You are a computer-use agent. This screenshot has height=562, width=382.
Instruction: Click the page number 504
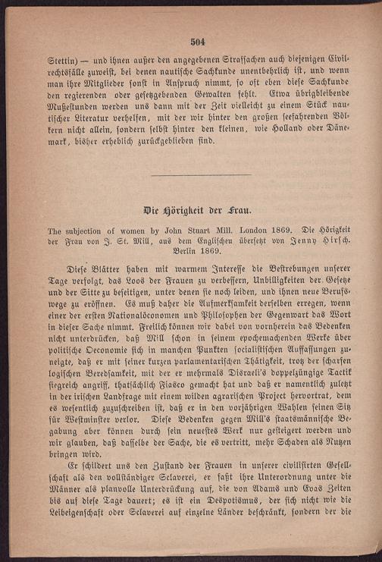point(199,42)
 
